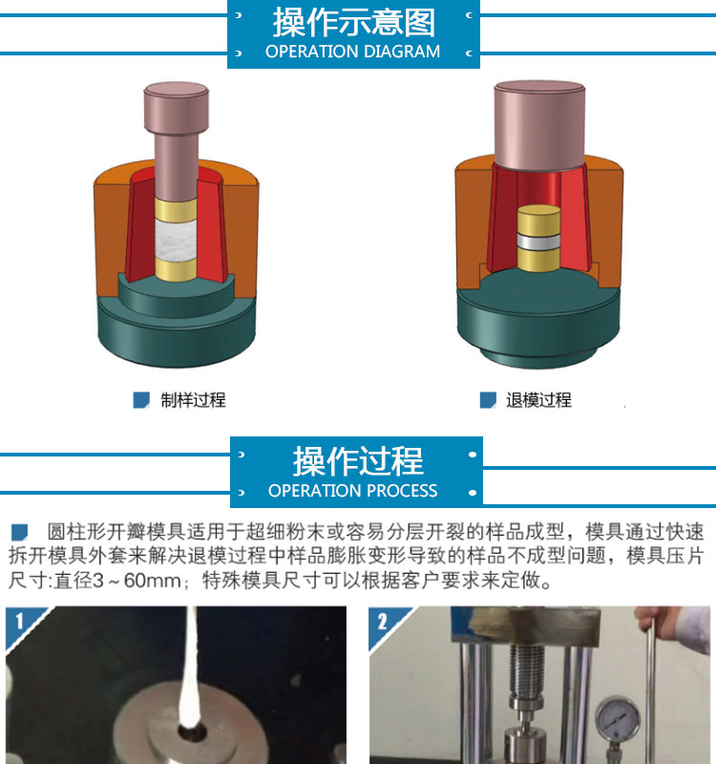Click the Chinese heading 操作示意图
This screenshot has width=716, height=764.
point(353,22)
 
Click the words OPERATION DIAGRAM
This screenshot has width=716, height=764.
point(352,52)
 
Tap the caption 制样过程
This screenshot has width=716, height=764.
point(194,400)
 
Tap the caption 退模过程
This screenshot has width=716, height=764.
point(538,400)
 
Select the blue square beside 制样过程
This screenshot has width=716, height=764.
point(141,400)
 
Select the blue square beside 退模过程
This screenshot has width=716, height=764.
point(488,400)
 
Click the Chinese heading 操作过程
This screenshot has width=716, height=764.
point(358,461)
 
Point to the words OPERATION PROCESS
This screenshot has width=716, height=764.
point(352,490)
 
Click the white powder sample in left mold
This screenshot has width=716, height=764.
point(176,240)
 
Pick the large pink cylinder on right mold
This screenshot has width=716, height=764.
point(539,126)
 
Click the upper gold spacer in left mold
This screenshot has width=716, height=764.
point(176,209)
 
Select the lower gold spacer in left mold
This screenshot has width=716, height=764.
point(176,269)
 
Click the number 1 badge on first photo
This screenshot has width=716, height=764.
point(19,622)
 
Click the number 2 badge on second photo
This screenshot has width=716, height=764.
point(383,622)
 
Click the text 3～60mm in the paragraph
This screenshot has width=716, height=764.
point(136,581)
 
